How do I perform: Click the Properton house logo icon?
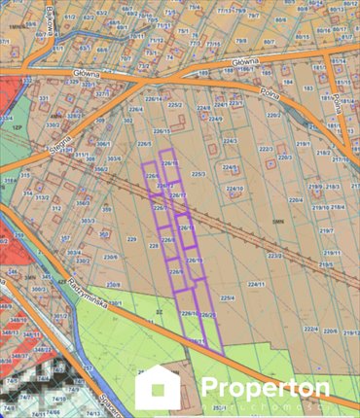158,388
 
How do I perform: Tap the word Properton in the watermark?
266,386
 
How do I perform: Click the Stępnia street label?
60,146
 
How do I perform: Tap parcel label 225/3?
198,174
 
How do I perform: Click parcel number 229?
131,239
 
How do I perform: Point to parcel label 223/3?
275,256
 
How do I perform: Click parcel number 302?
128,121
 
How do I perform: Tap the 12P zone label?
16,127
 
